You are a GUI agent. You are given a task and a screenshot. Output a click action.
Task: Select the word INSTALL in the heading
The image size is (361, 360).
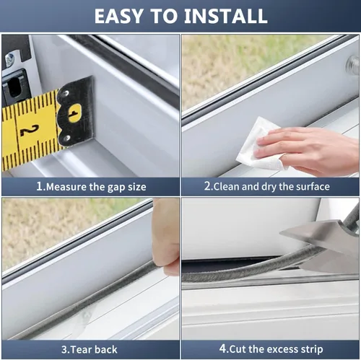224,15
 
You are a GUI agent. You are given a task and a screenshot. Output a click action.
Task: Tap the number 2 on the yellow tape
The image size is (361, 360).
28,130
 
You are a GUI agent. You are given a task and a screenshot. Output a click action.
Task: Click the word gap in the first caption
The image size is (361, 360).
116,187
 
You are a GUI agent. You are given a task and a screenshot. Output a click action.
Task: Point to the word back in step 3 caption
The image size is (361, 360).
104,350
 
